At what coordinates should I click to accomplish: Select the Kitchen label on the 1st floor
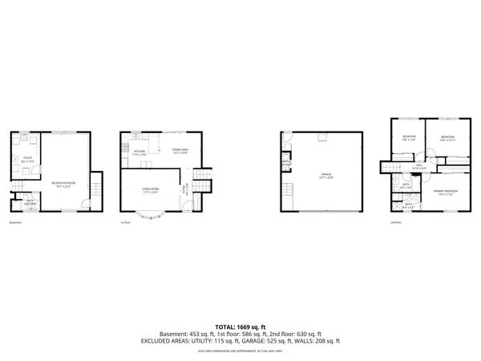[139, 152]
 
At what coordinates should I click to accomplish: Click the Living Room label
[150, 190]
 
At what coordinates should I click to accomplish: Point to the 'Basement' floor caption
[16, 222]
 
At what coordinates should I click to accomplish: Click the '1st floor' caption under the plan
[125, 222]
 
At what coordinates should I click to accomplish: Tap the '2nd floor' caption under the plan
[396, 222]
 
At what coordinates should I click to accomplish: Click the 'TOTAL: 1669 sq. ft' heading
[240, 327]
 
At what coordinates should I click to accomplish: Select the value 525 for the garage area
[274, 340]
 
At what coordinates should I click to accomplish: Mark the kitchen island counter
[148, 164]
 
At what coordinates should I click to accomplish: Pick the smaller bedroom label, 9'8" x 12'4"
[408, 137]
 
